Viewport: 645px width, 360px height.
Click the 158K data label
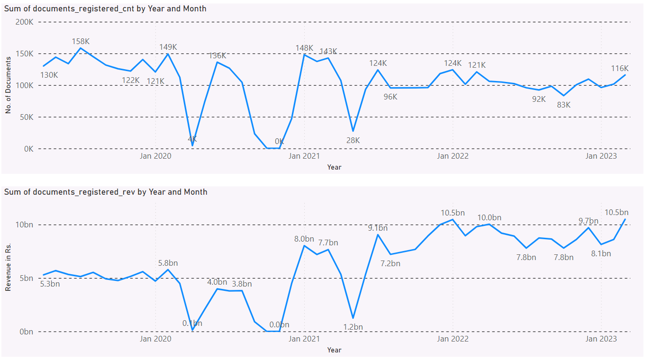(x=81, y=41)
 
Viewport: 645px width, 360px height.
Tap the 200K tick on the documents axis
(x=24, y=22)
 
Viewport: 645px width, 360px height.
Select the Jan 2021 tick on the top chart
(x=305, y=155)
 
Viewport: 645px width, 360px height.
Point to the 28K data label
(x=353, y=140)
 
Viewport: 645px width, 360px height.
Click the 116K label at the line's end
(x=619, y=68)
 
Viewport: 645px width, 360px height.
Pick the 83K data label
(x=563, y=105)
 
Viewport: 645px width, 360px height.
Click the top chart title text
(x=105, y=9)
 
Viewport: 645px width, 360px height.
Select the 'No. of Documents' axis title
(x=8, y=85)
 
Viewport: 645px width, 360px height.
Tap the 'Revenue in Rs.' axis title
(x=8, y=268)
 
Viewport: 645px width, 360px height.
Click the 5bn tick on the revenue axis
(x=26, y=278)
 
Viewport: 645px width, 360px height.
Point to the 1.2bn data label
(x=353, y=327)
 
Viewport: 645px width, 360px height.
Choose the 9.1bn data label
(x=378, y=228)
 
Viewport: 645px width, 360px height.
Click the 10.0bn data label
(x=489, y=217)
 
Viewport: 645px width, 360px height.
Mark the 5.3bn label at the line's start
(x=50, y=284)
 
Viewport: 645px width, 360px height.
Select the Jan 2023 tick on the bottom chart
(x=601, y=339)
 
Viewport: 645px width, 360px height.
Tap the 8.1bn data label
(x=601, y=253)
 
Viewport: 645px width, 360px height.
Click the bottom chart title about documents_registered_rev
(x=106, y=192)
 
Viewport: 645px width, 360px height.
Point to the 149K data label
(x=168, y=47)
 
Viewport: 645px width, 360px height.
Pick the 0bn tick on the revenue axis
(x=26, y=332)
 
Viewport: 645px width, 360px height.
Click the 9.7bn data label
(x=588, y=221)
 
